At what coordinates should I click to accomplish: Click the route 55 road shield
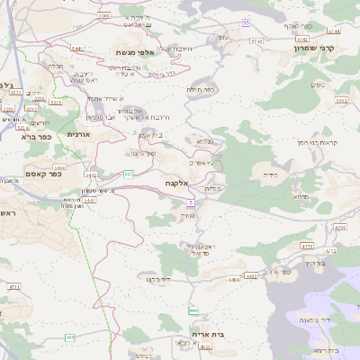pos(247,21)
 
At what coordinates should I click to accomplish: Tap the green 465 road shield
pos(70,337)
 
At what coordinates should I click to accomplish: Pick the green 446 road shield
pos(193,310)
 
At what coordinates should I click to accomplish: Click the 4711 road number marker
pos(13,286)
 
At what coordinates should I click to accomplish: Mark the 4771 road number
pos(306,245)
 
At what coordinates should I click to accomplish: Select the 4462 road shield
pos(251,275)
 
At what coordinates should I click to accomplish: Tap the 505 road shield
pos(129,174)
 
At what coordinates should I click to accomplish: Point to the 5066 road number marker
pos(104,15)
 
